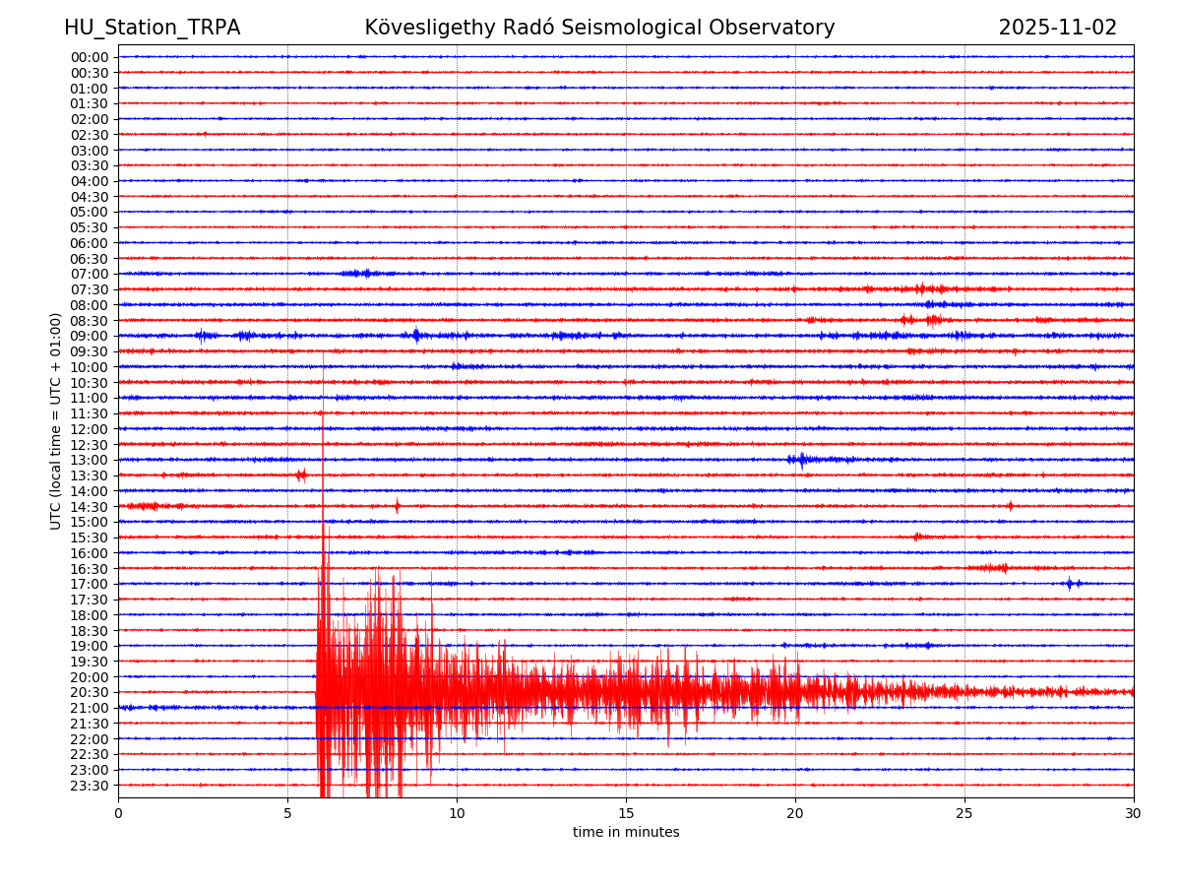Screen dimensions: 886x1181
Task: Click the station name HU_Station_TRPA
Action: pyautogui.click(x=152, y=29)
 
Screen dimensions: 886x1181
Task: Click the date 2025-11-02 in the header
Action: pyautogui.click(x=1057, y=29)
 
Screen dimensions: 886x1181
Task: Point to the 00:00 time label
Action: pyautogui.click(x=90, y=57)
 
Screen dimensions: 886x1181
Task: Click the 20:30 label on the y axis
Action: pyautogui.click(x=90, y=692)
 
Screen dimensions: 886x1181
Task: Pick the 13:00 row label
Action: pyautogui.click(x=90, y=460)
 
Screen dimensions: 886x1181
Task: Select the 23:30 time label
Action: pyautogui.click(x=90, y=786)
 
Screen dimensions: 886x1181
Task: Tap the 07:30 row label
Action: pyautogui.click(x=90, y=289)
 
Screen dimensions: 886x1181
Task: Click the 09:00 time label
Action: pyautogui.click(x=90, y=336)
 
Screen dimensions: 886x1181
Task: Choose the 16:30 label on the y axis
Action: pyautogui.click(x=90, y=568)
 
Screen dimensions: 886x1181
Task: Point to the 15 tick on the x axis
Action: pyautogui.click(x=626, y=814)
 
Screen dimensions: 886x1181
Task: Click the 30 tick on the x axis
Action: pyautogui.click(x=1134, y=814)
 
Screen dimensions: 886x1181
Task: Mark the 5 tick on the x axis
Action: pyautogui.click(x=287, y=814)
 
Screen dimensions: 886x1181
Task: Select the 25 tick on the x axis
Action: pyautogui.click(x=964, y=814)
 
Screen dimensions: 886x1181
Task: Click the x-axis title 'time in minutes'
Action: pyautogui.click(x=626, y=833)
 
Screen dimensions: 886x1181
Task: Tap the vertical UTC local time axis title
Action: pyautogui.click(x=56, y=421)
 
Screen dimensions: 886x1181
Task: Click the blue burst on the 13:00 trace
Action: pyautogui.click(x=801, y=460)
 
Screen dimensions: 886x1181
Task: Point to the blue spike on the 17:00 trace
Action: pyautogui.click(x=1070, y=584)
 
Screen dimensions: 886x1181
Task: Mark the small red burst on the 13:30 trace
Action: pyautogui.click(x=301, y=475)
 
